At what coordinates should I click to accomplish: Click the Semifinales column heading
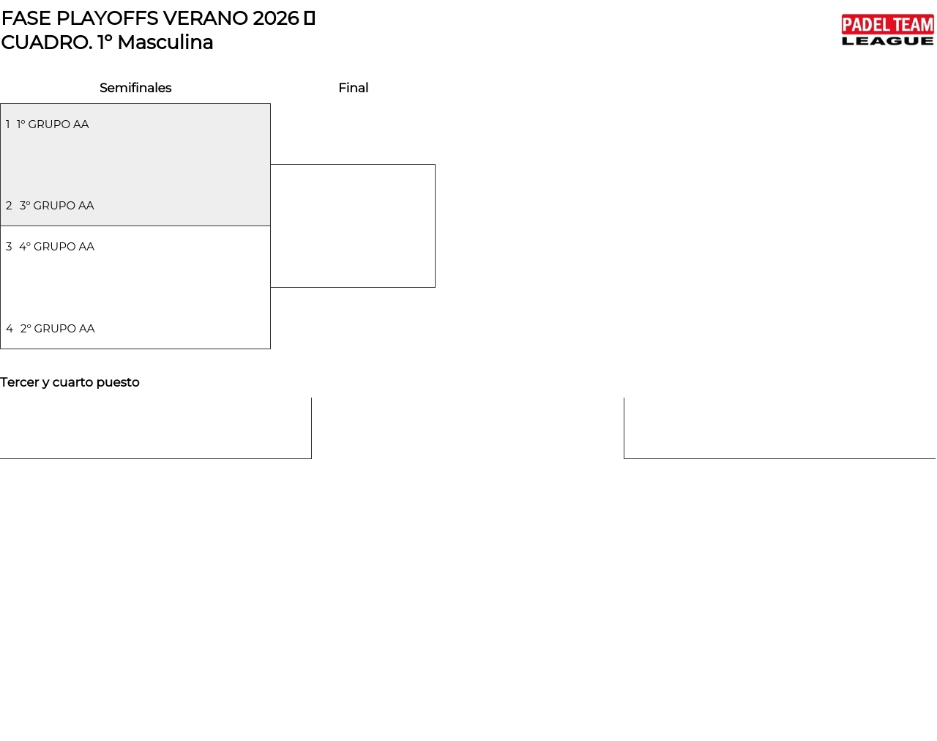tap(135, 88)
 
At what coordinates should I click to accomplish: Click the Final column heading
tap(353, 88)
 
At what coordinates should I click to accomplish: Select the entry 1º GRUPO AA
tap(53, 124)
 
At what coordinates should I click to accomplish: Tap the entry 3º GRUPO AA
tap(56, 206)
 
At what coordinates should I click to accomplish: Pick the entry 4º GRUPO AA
tap(56, 247)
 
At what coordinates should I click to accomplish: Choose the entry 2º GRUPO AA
tap(58, 329)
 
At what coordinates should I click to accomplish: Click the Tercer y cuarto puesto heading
tap(70, 382)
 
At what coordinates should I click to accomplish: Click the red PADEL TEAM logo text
tap(887, 24)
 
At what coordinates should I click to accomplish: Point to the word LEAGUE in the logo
tap(887, 41)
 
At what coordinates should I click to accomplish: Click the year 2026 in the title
tap(276, 18)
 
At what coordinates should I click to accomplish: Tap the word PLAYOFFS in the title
tap(107, 18)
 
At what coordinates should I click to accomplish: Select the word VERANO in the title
tap(206, 18)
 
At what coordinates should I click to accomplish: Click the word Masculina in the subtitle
tap(165, 42)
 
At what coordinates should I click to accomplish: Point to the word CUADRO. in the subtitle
tap(47, 42)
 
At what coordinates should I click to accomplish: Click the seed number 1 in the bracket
tap(8, 124)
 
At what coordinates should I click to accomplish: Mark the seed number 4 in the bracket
tap(10, 329)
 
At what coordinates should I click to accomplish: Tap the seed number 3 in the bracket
tap(9, 247)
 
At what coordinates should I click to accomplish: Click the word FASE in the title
tap(26, 18)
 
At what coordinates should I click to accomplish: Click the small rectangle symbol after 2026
tap(309, 18)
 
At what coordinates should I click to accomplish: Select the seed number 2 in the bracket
tap(9, 206)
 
